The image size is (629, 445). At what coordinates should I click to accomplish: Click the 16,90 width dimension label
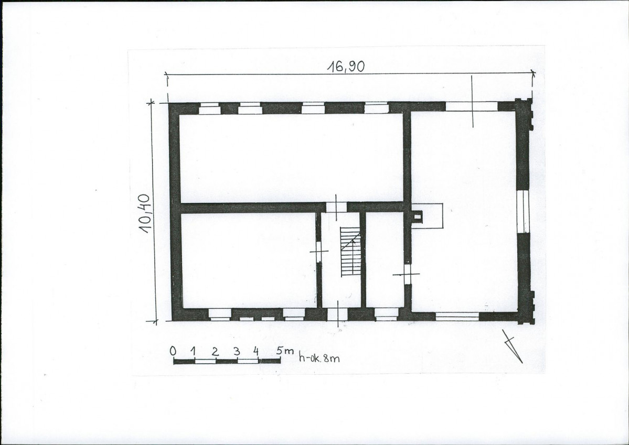[x=346, y=67]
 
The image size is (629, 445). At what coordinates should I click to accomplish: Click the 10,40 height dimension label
[x=144, y=214]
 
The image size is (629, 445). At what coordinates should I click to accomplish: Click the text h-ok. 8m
[x=319, y=357]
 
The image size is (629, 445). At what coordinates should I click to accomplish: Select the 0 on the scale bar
[x=173, y=351]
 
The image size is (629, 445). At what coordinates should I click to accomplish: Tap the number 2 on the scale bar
[x=216, y=352]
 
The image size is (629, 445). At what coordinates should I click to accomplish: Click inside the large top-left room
[x=291, y=158]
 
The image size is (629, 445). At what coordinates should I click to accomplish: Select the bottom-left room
[x=249, y=261]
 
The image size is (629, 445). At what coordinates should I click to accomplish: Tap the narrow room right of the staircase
[x=385, y=260]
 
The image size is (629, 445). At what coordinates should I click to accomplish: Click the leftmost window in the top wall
[x=209, y=108]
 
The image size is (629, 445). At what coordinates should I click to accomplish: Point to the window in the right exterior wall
[x=523, y=211]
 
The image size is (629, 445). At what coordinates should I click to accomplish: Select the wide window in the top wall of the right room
[x=471, y=106]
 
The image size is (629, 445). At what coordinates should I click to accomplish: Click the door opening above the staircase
[x=336, y=207]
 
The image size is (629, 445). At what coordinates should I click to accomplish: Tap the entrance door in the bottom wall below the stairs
[x=337, y=314]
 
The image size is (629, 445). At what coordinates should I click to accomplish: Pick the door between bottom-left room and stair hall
[x=319, y=252]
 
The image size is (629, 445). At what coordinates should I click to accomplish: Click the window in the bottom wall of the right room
[x=457, y=316]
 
